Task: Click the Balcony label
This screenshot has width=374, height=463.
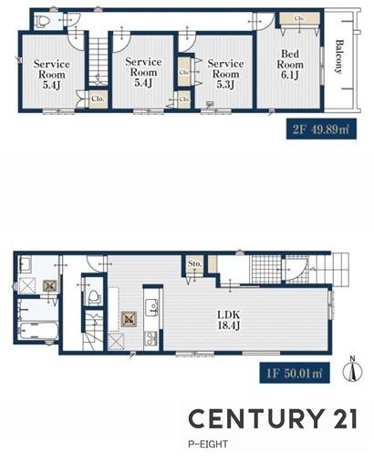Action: [x=339, y=57]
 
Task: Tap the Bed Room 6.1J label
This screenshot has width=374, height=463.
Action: [x=290, y=65]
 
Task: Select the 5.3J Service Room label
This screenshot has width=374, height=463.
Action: [x=225, y=74]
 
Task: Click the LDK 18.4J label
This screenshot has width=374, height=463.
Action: [x=229, y=320]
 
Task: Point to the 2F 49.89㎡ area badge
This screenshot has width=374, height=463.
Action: [x=321, y=129]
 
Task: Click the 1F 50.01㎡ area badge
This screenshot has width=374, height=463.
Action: [x=295, y=373]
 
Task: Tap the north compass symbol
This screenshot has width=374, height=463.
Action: [x=353, y=370]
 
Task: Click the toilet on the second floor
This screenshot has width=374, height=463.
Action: [x=43, y=21]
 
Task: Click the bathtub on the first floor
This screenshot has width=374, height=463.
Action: [x=38, y=331]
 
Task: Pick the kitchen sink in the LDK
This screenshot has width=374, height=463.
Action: [x=151, y=307]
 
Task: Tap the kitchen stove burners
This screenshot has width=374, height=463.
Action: [x=151, y=338]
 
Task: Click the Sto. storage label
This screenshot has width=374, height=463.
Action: [x=194, y=263]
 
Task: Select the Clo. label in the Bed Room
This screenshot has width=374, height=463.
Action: [x=299, y=18]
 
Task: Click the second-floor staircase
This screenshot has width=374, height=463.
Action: [x=99, y=61]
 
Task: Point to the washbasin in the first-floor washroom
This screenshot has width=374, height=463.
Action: [x=25, y=264]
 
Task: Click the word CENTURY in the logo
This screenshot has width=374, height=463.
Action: [x=255, y=418]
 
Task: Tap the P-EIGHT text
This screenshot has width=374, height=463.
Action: [x=208, y=444]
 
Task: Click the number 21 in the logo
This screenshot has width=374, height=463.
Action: [x=345, y=418]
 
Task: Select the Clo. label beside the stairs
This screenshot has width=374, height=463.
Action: [x=98, y=98]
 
